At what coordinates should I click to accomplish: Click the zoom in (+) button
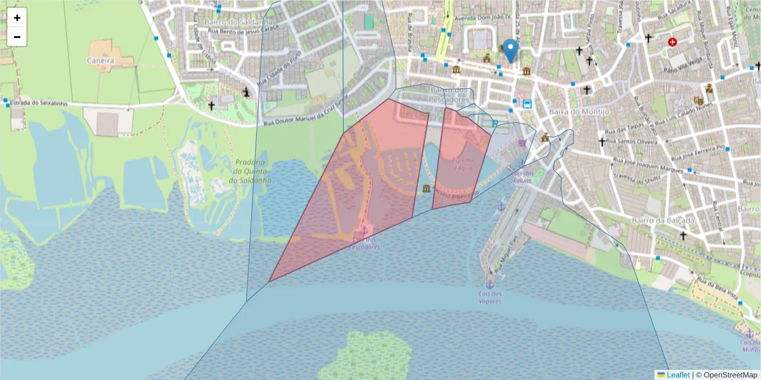pos(17,18)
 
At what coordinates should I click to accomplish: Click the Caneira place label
pos(101,61)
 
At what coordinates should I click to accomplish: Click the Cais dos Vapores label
pos(490,297)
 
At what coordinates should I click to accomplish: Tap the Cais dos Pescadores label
pos(365,243)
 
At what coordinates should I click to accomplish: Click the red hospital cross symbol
pos(672,42)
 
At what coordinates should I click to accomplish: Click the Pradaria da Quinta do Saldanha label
pos(252,171)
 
